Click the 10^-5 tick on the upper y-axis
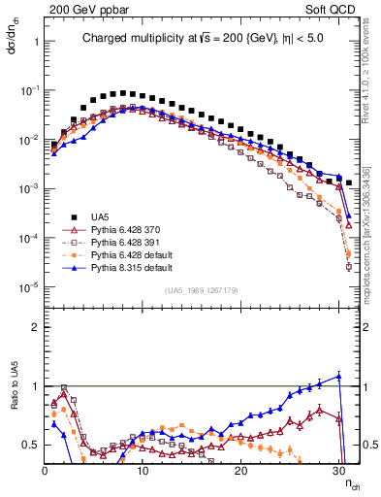29,286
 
